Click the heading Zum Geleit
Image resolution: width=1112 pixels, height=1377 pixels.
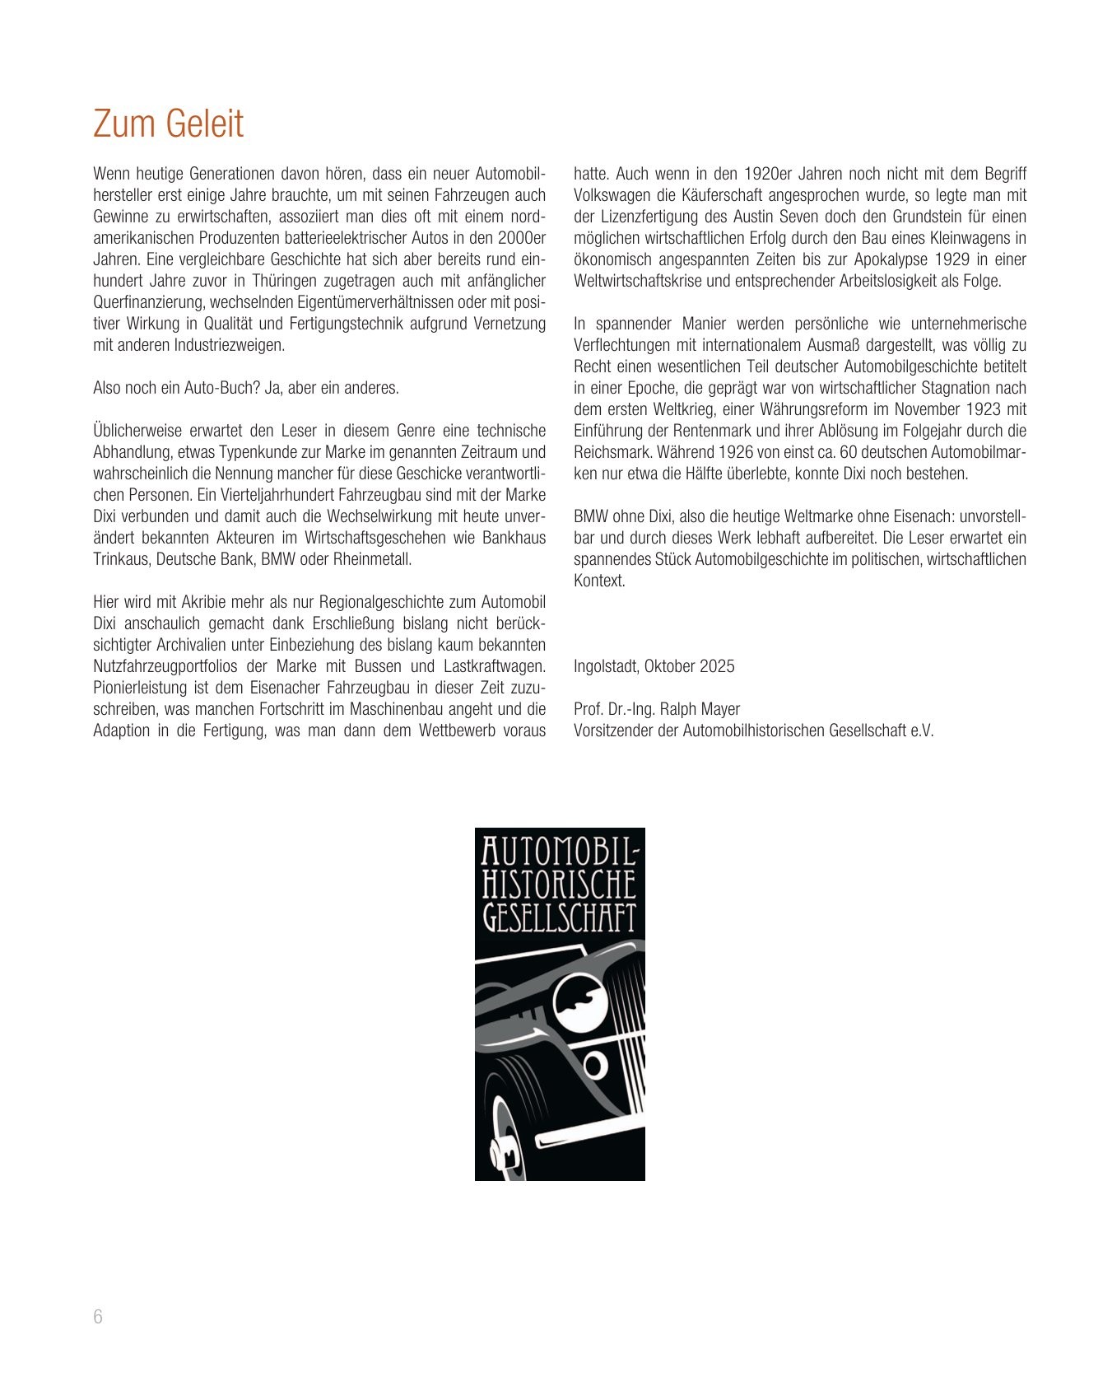coord(168,124)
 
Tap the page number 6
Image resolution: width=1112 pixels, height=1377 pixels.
coord(98,1316)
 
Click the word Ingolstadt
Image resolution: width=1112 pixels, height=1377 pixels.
coord(606,666)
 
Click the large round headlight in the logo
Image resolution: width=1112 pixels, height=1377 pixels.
coord(579,1003)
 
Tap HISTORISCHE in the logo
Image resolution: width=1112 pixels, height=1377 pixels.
coord(559,885)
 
